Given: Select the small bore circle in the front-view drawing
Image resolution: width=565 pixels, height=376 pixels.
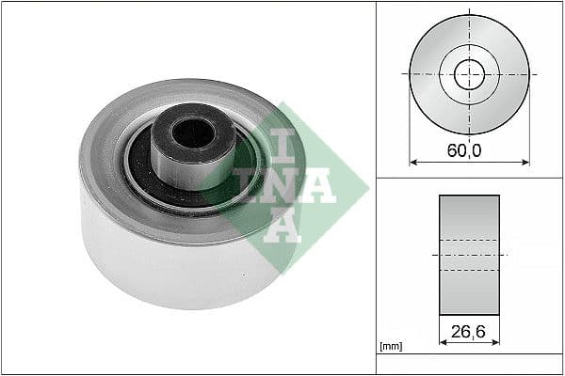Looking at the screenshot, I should click(469, 73).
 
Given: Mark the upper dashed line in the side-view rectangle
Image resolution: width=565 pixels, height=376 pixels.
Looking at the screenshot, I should click(469, 239).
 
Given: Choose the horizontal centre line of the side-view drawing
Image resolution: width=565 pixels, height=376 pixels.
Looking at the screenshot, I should click(469, 255).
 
